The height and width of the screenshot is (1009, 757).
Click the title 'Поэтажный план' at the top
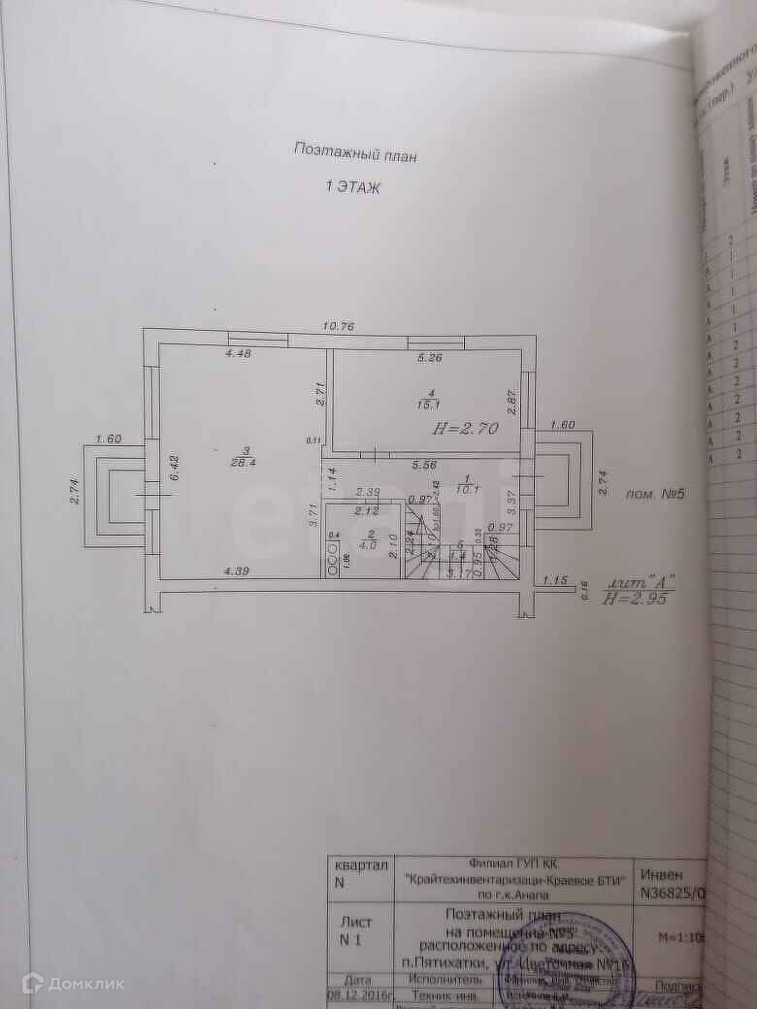354,150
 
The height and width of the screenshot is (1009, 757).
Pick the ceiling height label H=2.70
465,427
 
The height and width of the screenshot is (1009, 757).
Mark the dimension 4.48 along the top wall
239,353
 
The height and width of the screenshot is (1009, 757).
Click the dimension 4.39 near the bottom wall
237,570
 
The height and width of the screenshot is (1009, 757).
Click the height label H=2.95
637,600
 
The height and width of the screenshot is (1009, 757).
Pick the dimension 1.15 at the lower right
555,580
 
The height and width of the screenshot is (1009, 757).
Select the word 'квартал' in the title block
361,864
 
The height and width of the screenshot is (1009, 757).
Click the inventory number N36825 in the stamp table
670,894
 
